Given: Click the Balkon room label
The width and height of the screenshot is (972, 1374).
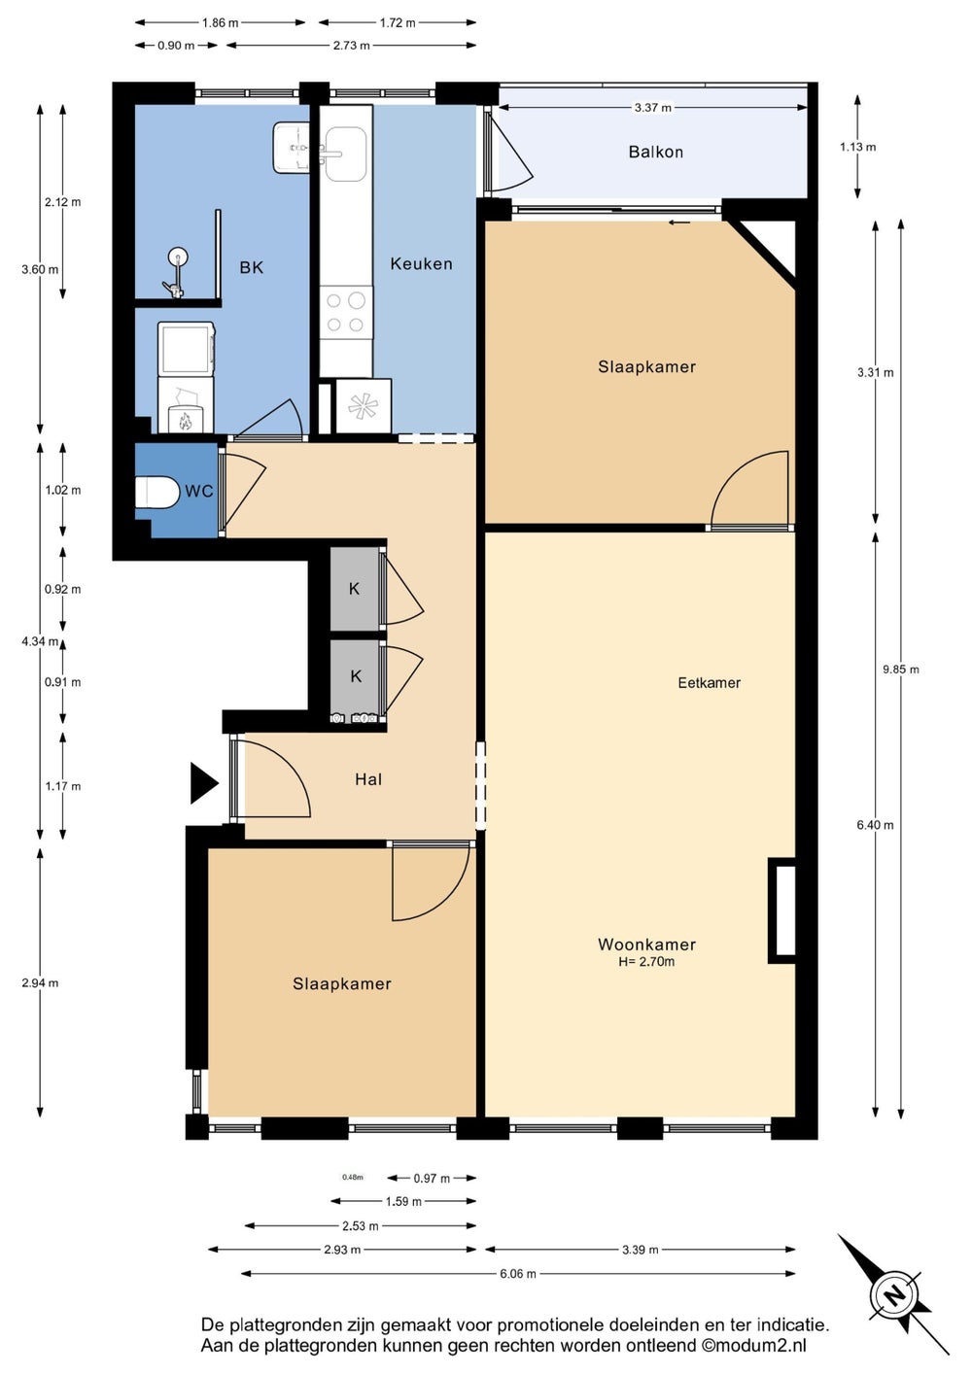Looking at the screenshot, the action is pyautogui.click(x=655, y=153).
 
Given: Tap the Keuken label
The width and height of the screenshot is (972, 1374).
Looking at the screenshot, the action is pyautogui.click(x=421, y=263).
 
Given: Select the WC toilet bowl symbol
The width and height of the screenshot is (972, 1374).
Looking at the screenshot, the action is pyautogui.click(x=156, y=492).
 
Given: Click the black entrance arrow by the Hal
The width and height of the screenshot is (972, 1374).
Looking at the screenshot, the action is pyautogui.click(x=204, y=782).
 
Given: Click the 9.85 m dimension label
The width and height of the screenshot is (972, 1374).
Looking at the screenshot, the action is pyautogui.click(x=901, y=670).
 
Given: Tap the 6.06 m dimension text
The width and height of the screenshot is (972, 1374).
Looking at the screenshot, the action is pyautogui.click(x=518, y=1274).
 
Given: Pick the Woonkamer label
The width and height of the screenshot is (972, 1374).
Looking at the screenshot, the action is pyautogui.click(x=646, y=945).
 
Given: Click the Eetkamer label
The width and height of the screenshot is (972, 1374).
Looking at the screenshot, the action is pyautogui.click(x=709, y=683).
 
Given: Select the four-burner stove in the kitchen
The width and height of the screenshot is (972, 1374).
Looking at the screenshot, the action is pyautogui.click(x=346, y=312).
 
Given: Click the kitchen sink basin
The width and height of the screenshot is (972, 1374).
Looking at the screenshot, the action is pyautogui.click(x=346, y=154).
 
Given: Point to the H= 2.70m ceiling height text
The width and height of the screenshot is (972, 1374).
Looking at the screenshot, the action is pyautogui.click(x=646, y=962).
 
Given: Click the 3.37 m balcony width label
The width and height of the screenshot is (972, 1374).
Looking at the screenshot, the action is pyautogui.click(x=653, y=108).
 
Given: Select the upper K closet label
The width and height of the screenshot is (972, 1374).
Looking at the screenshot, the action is pyautogui.click(x=354, y=589).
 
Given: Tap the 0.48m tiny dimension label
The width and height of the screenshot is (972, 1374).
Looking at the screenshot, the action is pyautogui.click(x=353, y=1177).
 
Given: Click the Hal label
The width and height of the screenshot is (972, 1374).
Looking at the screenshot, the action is pyautogui.click(x=368, y=779).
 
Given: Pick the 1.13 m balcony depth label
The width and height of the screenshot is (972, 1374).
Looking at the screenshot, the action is pyautogui.click(x=858, y=147).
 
